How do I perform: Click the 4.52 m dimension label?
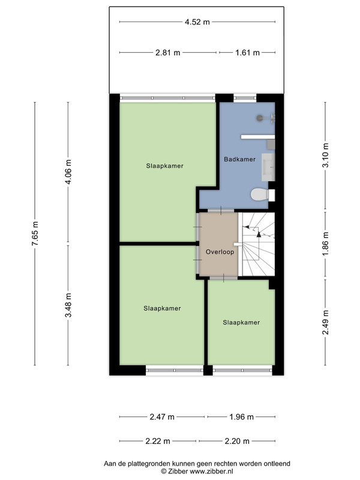[197, 22]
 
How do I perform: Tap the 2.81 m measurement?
[168, 53]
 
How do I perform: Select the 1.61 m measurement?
[247, 53]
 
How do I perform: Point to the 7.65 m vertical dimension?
[35, 233]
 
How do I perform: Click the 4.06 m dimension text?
[68, 172]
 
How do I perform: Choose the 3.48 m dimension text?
[68, 305]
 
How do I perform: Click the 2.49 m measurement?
[326, 322]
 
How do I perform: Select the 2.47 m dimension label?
[162, 416]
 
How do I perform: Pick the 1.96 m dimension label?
[242, 416]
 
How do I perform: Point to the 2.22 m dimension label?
[158, 441]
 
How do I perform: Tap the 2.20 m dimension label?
[237, 441]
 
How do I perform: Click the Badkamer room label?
[239, 159]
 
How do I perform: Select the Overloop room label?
[220, 252]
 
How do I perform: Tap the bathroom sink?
[268, 167]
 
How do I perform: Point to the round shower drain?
[260, 117]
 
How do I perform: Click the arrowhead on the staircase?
[259, 234]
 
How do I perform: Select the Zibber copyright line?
[197, 472]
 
